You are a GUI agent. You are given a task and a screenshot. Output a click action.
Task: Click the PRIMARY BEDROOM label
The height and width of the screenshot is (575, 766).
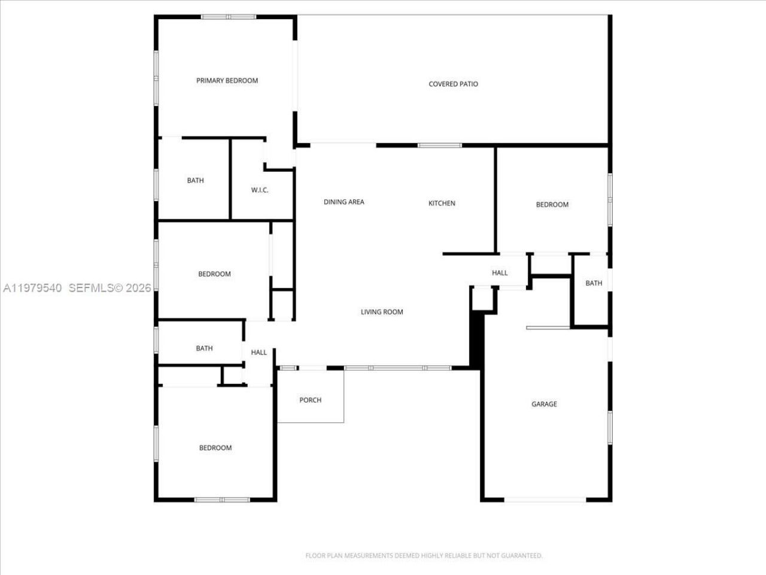pos(227,81)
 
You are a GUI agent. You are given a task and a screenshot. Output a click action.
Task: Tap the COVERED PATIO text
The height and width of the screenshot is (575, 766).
pos(453,84)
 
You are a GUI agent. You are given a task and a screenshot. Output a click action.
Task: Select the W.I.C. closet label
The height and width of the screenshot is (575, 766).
pos(260,190)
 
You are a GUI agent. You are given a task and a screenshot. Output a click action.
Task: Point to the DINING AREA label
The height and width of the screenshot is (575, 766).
pos(344,202)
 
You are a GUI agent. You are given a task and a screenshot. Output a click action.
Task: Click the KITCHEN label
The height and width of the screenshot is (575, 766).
pos(442,204)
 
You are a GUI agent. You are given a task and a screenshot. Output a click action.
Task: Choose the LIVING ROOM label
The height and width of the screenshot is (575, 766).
pos(382,312)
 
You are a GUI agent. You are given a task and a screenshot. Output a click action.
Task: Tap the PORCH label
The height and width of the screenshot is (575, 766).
pos(310,400)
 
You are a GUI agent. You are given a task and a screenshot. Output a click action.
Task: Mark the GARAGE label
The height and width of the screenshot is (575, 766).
pos(544,404)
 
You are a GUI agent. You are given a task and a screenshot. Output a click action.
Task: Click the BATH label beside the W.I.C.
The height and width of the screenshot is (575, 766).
pos(195,181)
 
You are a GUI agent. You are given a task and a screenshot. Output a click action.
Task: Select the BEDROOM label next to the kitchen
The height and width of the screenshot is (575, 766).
pos(552,205)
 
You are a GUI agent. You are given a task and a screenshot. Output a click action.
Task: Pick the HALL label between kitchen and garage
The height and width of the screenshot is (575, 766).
pos(500,273)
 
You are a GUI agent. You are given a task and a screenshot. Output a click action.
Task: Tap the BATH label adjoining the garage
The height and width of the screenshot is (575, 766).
pos(594,283)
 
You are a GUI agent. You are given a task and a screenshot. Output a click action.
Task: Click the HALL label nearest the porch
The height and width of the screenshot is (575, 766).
pos(259,353)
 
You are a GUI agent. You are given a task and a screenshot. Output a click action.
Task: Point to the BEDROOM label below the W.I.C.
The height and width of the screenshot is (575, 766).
pos(214,274)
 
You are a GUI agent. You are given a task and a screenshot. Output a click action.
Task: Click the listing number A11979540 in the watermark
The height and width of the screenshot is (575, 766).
pos(33,288)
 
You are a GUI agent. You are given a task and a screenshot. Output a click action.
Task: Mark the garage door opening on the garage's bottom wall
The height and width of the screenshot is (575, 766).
pos(545,500)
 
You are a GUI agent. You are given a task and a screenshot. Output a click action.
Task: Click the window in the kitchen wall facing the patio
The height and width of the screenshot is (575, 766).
pos(439,146)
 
